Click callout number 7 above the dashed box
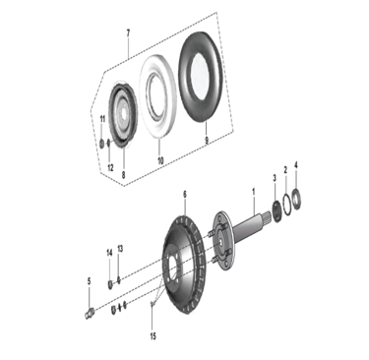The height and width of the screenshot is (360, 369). (128, 33)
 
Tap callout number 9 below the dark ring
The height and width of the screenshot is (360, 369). (207, 141)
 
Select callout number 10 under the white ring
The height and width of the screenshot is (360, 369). (160, 160)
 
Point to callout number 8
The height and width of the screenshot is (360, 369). (123, 175)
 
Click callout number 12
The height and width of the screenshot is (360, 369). (110, 168)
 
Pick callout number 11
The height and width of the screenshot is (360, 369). (102, 119)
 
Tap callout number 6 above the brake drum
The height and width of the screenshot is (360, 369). (185, 195)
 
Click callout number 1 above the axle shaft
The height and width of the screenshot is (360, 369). (253, 191)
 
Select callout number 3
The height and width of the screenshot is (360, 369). (275, 178)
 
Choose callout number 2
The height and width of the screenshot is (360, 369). (285, 170)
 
